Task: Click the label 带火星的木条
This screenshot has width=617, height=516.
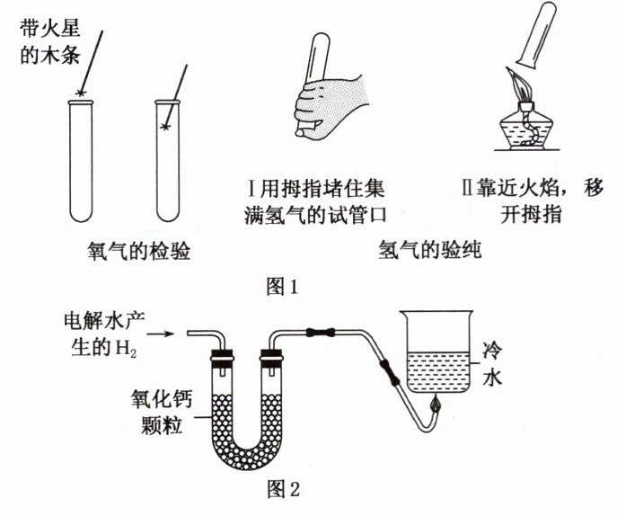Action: click(49, 41)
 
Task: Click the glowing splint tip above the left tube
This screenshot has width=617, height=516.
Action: click(84, 93)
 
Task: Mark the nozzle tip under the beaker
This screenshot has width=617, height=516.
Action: click(435, 406)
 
